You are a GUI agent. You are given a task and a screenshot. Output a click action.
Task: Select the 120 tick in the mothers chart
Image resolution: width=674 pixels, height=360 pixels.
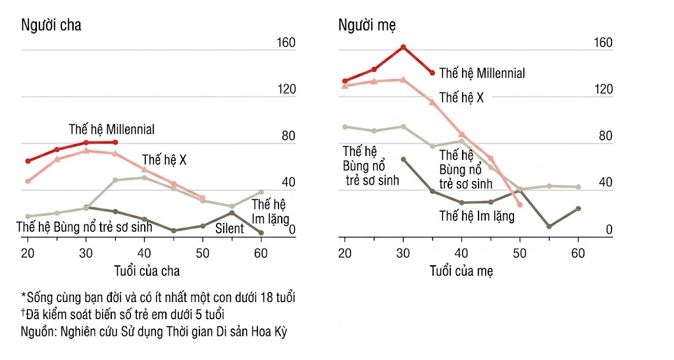(604, 90)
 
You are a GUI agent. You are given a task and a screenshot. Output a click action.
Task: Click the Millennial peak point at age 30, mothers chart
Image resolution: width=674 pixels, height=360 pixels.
(403, 47)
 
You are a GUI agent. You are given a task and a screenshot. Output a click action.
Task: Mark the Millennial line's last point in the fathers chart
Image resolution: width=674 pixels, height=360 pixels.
(115, 142)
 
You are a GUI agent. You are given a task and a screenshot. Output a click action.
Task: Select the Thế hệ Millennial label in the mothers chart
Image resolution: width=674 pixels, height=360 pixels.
(482, 73)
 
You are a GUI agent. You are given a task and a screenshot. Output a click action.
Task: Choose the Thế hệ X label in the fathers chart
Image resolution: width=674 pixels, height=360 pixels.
(165, 160)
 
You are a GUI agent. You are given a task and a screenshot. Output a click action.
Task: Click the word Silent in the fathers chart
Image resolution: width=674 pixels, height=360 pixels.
(230, 229)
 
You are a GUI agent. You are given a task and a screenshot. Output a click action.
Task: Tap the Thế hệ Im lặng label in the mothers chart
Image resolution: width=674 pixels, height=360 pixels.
(477, 215)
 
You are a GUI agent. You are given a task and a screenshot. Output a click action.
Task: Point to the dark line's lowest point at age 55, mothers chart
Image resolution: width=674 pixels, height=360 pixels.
(549, 226)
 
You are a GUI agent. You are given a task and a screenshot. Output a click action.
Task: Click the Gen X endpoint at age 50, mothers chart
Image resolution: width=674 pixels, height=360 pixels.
(520, 205)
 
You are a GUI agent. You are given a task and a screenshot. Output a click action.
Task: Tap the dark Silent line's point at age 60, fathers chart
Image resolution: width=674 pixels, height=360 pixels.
(261, 233)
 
